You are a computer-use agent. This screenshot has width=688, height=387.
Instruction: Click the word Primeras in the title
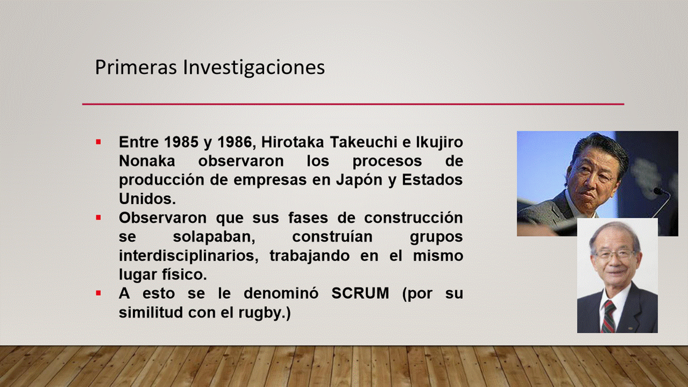[136, 67]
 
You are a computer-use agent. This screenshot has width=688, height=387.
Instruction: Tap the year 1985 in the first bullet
[181, 142]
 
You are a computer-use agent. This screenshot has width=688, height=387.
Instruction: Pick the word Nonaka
[147, 161]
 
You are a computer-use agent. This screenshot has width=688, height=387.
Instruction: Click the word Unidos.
[147, 199]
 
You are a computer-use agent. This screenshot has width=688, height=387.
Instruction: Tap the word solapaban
[214, 237]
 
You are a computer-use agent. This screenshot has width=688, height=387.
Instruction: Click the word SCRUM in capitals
[360, 293]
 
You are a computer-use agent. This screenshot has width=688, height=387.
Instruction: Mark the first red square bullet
[98, 142]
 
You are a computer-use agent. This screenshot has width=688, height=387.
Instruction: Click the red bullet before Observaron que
[98, 218]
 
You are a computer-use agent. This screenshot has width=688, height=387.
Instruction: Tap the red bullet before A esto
[98, 293]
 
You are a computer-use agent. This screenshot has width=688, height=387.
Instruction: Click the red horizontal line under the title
[353, 104]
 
